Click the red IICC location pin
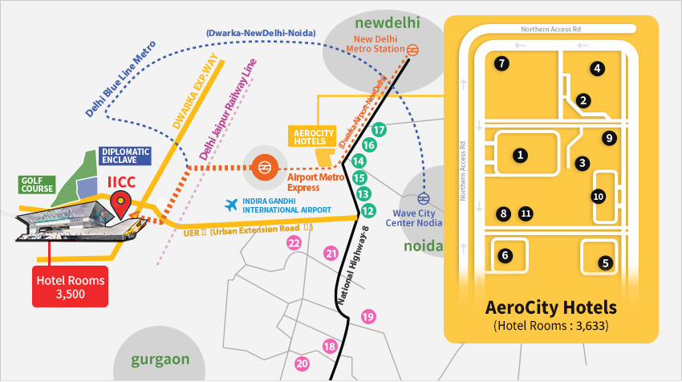pos(122,204)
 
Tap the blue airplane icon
pos(233,205)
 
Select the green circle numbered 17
pos(380,129)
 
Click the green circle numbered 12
pos(368,211)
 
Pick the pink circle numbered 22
pos(294,242)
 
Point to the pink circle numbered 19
pos(368,316)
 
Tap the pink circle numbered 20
pos(302,364)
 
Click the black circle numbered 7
pos(501,63)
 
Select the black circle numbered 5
pos(606,262)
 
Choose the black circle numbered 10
pos(598,197)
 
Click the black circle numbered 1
pos(521,155)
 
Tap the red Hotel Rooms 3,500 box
pos(70,286)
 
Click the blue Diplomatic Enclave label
pos(125,156)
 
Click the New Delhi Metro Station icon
pos(412,49)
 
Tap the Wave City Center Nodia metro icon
pos(423,198)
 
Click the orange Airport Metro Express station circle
pos(263,168)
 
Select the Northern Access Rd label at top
pos(551,29)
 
